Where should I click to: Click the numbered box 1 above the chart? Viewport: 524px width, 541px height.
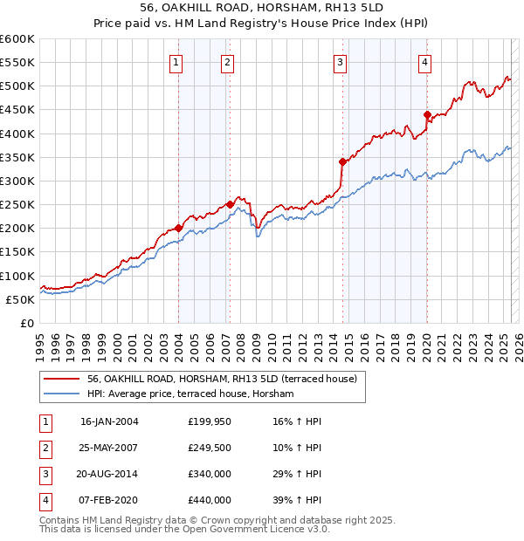click(176, 62)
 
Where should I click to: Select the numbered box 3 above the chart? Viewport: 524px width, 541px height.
click(340, 62)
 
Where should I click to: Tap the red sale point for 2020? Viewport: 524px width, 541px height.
click(427, 114)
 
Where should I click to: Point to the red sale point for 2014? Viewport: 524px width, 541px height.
click(343, 161)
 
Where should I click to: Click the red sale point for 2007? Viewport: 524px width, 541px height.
click(230, 204)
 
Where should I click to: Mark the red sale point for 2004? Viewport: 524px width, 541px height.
click(178, 228)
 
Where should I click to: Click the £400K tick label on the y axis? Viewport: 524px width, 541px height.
click(17, 134)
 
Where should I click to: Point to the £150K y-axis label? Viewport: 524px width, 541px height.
click(17, 252)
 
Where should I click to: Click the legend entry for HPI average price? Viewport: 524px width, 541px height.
click(190, 394)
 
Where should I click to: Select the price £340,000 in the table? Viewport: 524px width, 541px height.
click(210, 474)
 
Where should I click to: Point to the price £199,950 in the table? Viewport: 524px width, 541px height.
click(210, 421)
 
